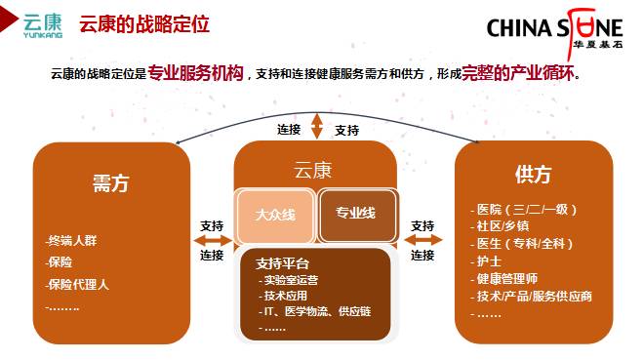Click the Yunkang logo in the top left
click(x=43, y=25)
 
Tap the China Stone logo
click(x=554, y=31)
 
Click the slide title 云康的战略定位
click(x=144, y=23)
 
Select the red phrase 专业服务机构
click(x=195, y=73)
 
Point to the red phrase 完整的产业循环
click(x=518, y=73)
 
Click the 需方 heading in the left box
click(x=110, y=182)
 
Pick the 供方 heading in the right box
click(x=533, y=175)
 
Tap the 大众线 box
click(x=275, y=215)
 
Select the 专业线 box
click(x=356, y=214)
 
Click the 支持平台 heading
click(x=282, y=263)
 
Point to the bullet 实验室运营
click(x=289, y=280)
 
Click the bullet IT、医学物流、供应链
click(x=315, y=311)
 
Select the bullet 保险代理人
click(x=77, y=284)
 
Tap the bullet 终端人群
click(x=71, y=241)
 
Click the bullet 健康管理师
click(x=504, y=279)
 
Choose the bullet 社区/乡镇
click(x=500, y=226)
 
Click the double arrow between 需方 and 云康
click(x=213, y=240)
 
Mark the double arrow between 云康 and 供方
click(x=423, y=240)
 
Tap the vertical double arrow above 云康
click(x=316, y=126)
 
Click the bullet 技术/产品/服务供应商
click(x=531, y=296)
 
